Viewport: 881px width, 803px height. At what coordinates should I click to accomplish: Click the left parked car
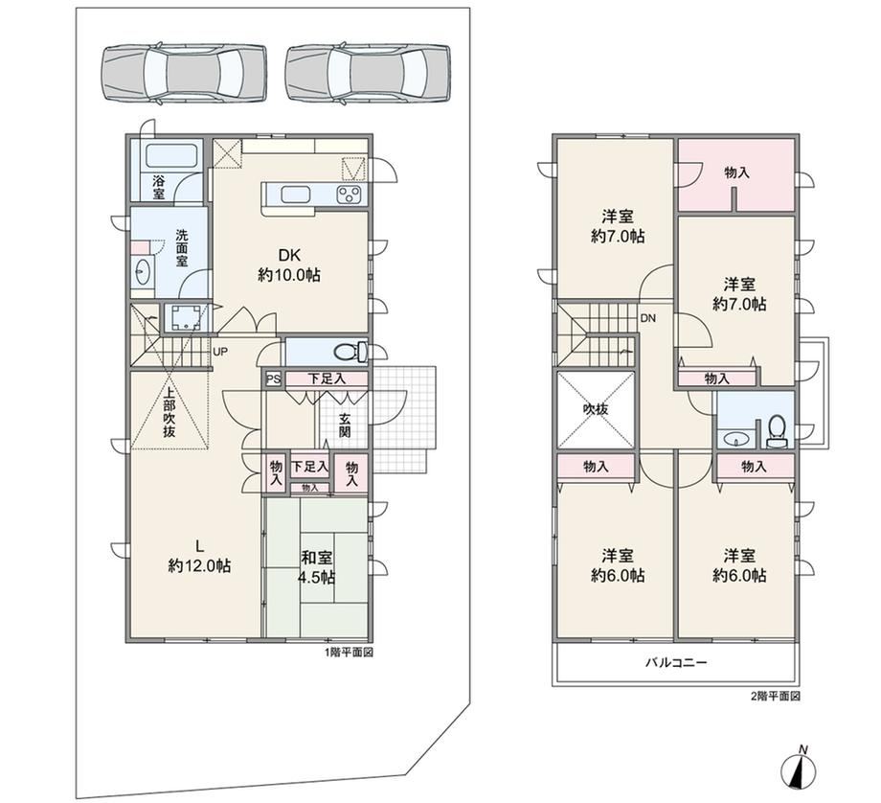184,75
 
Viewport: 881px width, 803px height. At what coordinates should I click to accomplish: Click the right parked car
368,75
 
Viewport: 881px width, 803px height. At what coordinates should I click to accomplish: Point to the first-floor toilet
350,353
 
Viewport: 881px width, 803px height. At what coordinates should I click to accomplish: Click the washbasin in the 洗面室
142,273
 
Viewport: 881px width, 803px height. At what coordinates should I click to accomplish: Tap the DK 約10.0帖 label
289,265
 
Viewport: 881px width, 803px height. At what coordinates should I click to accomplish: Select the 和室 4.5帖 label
317,567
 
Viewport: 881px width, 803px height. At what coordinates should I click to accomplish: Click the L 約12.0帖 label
199,556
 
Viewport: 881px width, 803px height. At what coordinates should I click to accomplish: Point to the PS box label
273,379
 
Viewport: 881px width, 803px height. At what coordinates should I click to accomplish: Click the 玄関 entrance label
345,425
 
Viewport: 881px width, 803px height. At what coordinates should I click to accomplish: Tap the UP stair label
219,352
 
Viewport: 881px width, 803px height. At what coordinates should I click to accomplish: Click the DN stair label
648,318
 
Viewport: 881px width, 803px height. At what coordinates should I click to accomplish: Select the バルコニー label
675,662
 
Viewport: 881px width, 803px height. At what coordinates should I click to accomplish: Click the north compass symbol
799,769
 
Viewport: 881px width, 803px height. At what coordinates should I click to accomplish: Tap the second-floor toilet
777,432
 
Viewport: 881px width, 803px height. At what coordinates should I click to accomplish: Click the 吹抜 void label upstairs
595,409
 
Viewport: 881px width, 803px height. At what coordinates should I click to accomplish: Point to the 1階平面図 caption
349,653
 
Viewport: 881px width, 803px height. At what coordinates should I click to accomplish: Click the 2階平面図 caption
776,697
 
